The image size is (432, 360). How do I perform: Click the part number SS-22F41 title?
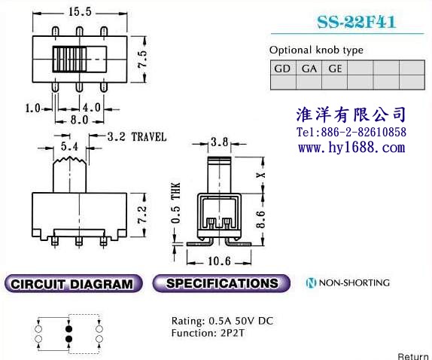pyautogui.click(x=356, y=22)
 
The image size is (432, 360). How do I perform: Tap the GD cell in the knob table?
pyautogui.click(x=283, y=68)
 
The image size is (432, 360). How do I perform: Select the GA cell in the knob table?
pyautogui.click(x=309, y=68)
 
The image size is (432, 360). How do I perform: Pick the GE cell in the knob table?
pyautogui.click(x=335, y=68)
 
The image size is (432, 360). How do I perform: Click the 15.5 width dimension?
pyautogui.click(x=80, y=12)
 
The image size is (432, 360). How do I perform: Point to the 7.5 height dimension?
pyautogui.click(x=142, y=59)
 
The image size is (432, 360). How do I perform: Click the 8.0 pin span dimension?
pyautogui.click(x=79, y=120)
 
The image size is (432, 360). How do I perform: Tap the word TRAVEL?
pyautogui.click(x=149, y=137)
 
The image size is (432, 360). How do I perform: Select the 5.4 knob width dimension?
pyautogui.click(x=69, y=146)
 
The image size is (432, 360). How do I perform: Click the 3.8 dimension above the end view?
pyautogui.click(x=220, y=142)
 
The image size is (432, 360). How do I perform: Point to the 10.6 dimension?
pyautogui.click(x=219, y=261)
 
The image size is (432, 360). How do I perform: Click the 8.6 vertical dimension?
pyautogui.click(x=260, y=219)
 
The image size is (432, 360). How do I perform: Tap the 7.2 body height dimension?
pyautogui.click(x=142, y=214)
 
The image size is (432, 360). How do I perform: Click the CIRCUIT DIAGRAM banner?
pyautogui.click(x=73, y=284)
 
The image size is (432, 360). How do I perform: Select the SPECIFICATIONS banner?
pyautogui.click(x=221, y=283)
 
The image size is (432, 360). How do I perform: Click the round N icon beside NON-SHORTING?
pyautogui.click(x=311, y=283)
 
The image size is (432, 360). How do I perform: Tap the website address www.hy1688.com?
pyautogui.click(x=351, y=148)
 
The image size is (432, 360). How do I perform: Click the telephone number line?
pyautogui.click(x=351, y=132)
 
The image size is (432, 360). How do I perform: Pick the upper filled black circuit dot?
pyautogui.click(x=68, y=329)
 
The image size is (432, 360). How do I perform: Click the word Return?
pyautogui.click(x=413, y=356)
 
